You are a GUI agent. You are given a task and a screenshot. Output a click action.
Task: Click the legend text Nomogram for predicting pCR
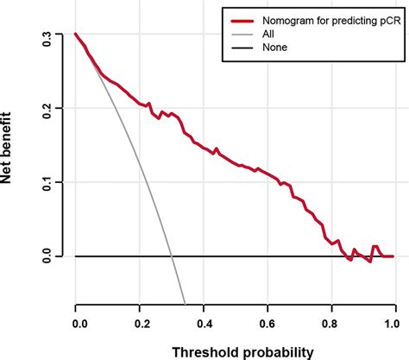324,17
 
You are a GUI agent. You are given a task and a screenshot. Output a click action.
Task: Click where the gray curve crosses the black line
172,256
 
